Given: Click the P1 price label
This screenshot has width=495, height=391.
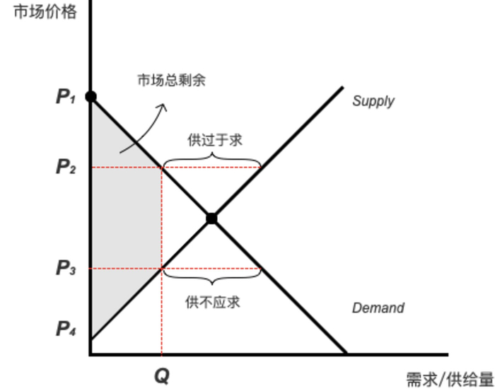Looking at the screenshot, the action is pos(66,97).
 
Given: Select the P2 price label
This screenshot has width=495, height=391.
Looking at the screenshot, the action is pos(66,168).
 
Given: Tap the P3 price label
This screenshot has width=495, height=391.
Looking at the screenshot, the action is pos(66,269).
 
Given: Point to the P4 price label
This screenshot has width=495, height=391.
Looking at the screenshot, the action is pos(66,329).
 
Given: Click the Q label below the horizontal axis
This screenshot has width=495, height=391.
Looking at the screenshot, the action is pos(162,375).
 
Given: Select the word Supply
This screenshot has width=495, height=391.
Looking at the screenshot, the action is pos(373,101).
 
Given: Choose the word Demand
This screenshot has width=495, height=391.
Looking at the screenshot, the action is pos(378,308).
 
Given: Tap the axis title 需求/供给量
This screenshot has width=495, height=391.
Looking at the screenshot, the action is pos(449,380).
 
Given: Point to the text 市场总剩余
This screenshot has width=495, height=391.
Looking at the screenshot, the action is pos(171,80).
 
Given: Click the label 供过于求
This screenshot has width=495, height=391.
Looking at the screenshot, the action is pos(214,140).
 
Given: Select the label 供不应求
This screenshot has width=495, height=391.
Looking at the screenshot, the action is pos(213,302).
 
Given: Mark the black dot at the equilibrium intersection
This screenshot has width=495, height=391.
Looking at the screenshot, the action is pos(211,218).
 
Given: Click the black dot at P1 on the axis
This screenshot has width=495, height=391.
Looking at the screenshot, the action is pos(91,96).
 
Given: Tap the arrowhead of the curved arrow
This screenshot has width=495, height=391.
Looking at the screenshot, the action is pos(163,107).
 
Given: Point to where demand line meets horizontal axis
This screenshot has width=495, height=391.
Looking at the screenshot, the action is pos(346,352).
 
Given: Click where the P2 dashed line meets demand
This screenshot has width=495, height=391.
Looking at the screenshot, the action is pos(162,168).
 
